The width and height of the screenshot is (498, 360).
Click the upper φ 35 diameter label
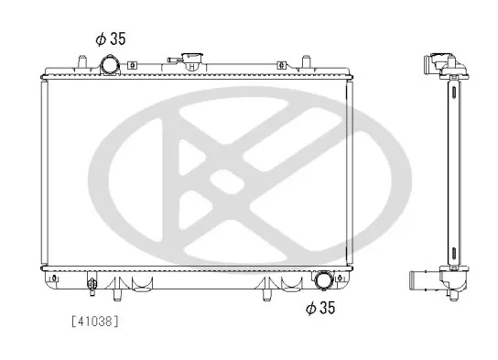pyautogui.click(x=111, y=38)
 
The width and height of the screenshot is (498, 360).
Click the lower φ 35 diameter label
pyautogui.click(x=320, y=308)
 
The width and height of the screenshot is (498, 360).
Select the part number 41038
pyautogui.click(x=95, y=322)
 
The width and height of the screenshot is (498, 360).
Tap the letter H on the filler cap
pyautogui.click(x=191, y=67)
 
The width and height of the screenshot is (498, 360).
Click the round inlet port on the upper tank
pyautogui.click(x=110, y=65)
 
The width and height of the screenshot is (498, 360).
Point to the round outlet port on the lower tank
pyautogui.click(x=323, y=280)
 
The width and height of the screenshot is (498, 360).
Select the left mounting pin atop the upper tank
pyautogui.click(x=82, y=61)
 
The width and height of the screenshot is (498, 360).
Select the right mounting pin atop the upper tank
pyautogui.click(x=306, y=61)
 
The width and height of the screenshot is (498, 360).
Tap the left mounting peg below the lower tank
pyautogui.click(x=117, y=295)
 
